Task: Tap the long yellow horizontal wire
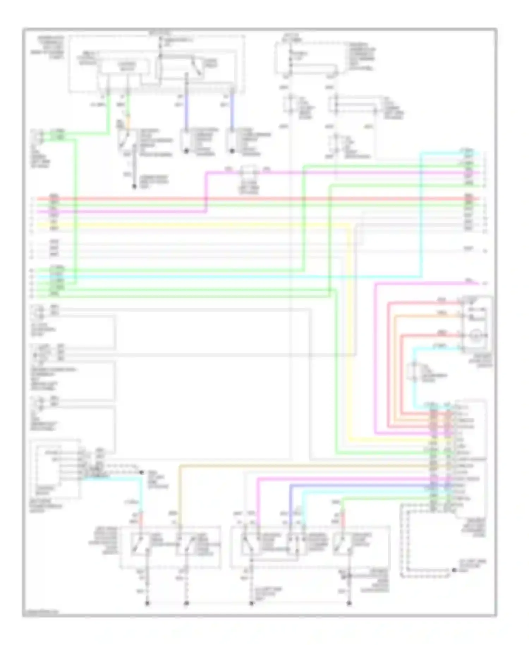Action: click(x=212, y=225)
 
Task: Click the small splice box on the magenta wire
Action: click(x=249, y=173)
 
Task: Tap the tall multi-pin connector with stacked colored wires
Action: click(x=441, y=459)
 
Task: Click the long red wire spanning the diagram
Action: click(x=247, y=199)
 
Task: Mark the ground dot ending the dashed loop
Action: click(x=455, y=570)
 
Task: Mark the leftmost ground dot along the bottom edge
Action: click(x=147, y=603)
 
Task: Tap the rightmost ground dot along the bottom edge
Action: click(x=349, y=603)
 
